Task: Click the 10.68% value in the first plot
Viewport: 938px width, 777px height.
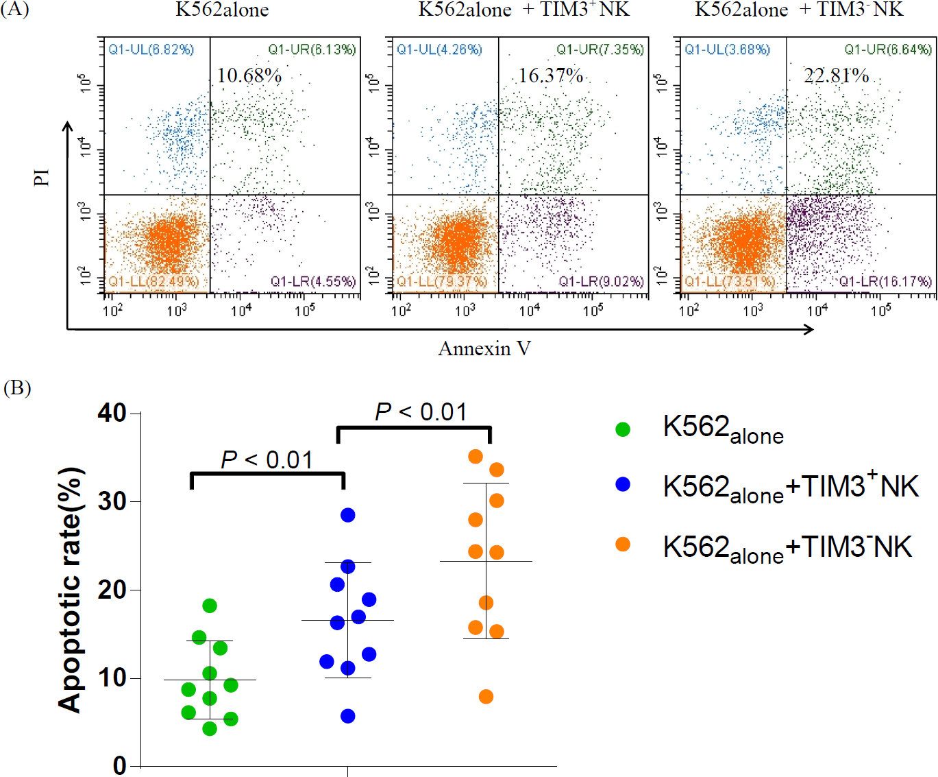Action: (249, 75)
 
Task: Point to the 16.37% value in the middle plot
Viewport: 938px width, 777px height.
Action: (551, 75)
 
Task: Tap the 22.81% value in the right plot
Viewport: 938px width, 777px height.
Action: (836, 75)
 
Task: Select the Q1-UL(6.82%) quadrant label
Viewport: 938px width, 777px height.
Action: (151, 49)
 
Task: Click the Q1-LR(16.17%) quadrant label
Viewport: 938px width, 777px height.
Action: (885, 281)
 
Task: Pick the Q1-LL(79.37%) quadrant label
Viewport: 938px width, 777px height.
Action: (442, 281)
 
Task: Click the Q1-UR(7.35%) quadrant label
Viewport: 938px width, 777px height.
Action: (600, 49)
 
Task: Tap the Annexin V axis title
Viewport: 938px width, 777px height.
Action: (484, 348)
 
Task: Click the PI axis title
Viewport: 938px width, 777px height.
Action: (42, 178)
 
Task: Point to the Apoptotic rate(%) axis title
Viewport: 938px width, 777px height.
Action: (71, 590)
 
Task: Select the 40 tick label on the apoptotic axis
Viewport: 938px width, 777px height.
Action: (112, 413)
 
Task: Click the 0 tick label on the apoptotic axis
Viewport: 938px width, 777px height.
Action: (120, 765)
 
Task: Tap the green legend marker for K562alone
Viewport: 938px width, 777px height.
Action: (623, 429)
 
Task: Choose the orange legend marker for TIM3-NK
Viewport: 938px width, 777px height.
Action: (623, 545)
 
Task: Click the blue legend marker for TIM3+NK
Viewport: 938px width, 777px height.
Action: (623, 484)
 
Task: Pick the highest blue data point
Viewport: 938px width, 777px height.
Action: (348, 515)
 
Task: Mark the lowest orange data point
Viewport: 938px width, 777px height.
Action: (486, 697)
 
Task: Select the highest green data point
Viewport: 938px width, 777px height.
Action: (210, 606)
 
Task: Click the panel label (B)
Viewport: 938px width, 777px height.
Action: (17, 388)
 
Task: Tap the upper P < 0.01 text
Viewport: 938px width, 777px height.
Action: (421, 412)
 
